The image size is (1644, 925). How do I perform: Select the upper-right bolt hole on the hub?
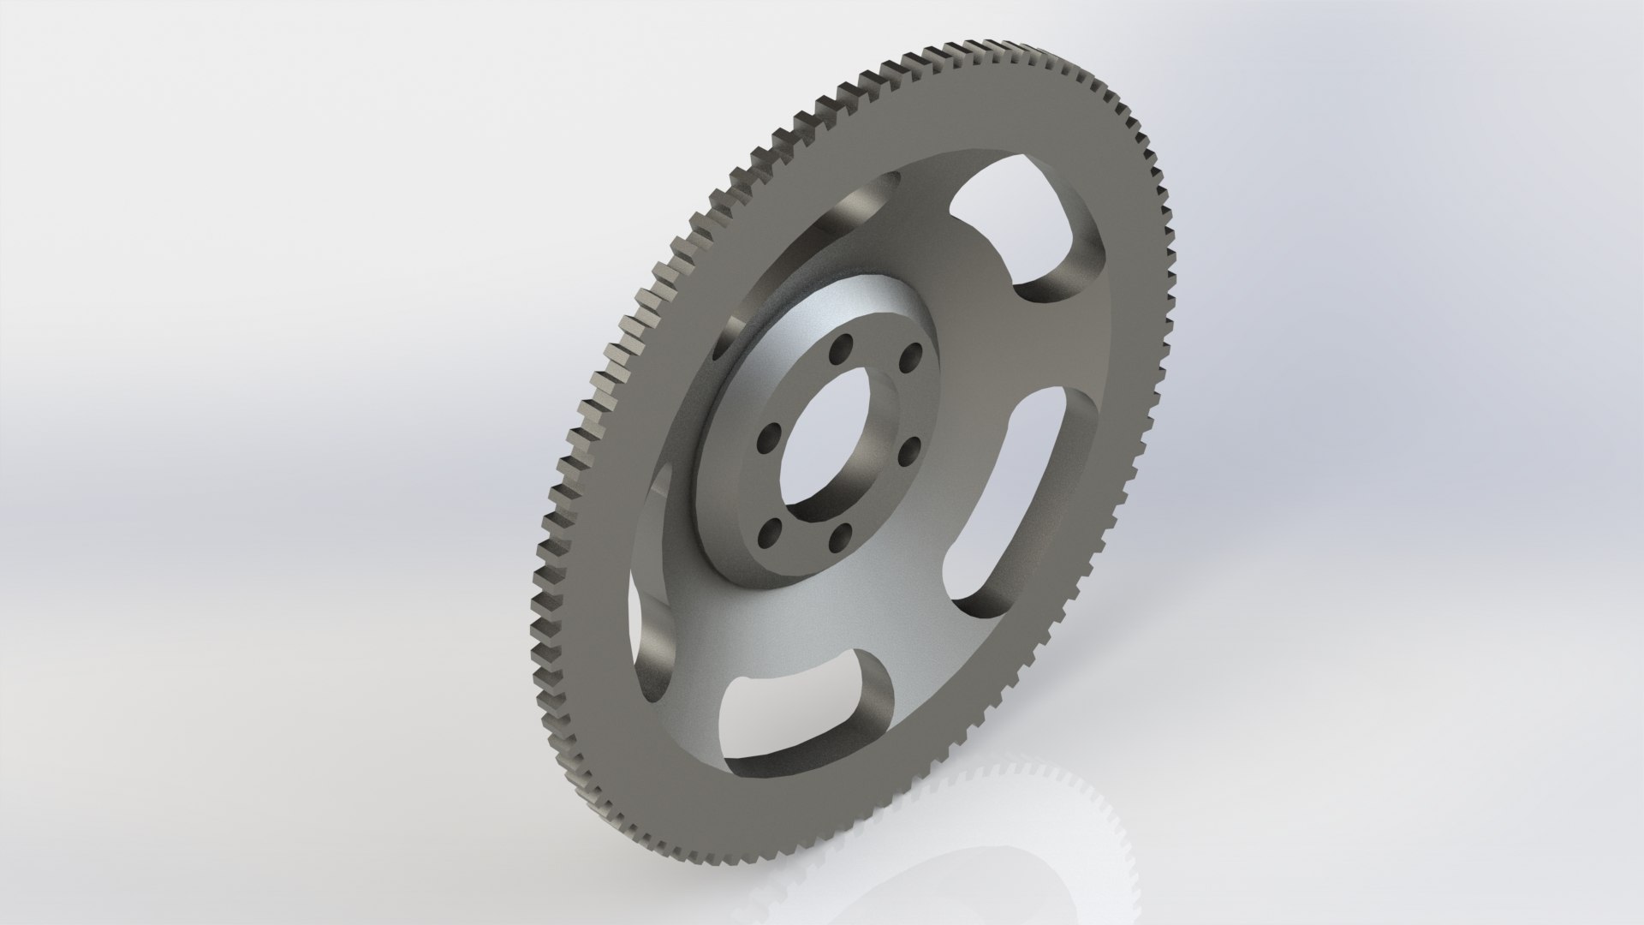pos(914,353)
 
